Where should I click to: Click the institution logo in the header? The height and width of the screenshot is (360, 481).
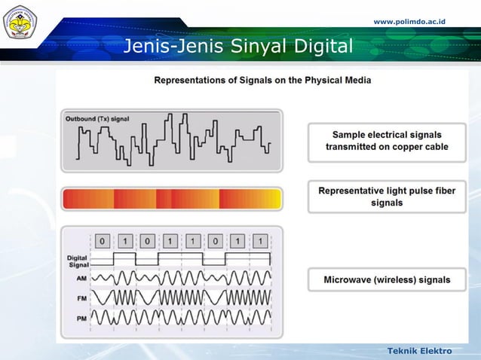[20, 23]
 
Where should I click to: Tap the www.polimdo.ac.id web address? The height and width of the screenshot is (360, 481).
[409, 21]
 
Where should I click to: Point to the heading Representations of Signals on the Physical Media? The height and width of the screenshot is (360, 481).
[262, 79]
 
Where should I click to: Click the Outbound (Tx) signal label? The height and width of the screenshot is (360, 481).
[97, 119]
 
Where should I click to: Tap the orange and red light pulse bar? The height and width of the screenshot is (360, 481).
[172, 199]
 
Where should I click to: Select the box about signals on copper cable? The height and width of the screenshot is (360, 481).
[387, 141]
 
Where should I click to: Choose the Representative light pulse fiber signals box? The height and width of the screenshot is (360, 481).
[387, 197]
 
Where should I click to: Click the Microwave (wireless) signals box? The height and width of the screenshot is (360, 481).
[387, 279]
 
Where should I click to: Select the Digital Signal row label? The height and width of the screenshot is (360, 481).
[77, 261]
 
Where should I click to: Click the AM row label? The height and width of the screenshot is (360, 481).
[81, 279]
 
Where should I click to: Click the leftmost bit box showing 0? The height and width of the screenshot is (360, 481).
[103, 241]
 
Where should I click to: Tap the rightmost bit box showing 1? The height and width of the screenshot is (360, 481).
[260, 241]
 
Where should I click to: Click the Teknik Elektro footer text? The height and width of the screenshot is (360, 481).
[419, 351]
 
